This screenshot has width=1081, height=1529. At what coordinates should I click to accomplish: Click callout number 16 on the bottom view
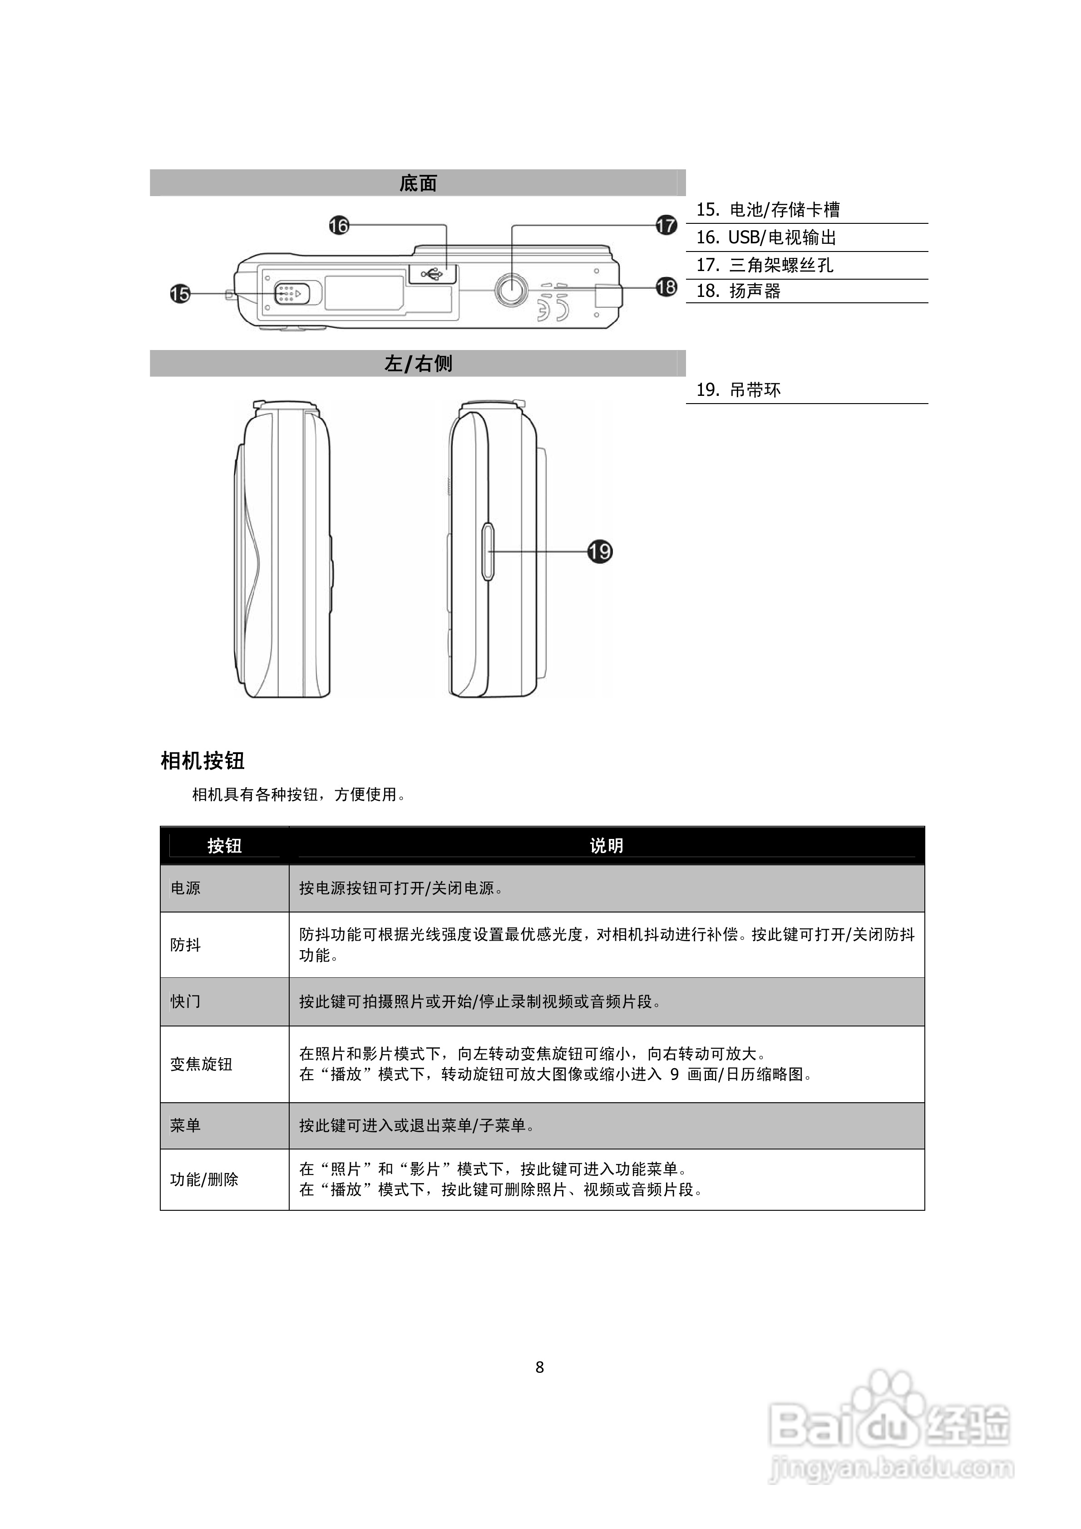click(339, 226)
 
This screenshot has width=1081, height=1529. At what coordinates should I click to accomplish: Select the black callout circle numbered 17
click(666, 225)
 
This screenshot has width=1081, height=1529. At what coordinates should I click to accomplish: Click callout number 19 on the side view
click(599, 552)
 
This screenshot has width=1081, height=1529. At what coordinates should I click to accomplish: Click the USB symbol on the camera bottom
click(432, 273)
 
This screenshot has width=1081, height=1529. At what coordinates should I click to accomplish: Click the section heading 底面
click(418, 183)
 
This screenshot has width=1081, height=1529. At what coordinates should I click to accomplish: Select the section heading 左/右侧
click(418, 364)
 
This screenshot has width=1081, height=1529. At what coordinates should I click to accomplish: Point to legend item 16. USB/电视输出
click(766, 238)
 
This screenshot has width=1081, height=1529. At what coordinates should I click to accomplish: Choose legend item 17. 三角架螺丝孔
click(765, 265)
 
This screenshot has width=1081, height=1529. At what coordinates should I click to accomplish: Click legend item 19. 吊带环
click(738, 390)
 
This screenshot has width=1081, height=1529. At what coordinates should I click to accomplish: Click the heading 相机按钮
click(202, 760)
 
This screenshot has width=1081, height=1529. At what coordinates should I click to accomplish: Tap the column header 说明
click(606, 846)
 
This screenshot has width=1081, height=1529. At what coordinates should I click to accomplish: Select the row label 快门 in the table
click(185, 1001)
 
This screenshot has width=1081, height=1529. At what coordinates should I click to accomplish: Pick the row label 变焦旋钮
click(201, 1064)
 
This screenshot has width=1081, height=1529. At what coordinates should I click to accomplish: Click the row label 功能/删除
click(204, 1180)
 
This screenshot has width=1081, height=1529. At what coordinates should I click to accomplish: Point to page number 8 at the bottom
click(539, 1367)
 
